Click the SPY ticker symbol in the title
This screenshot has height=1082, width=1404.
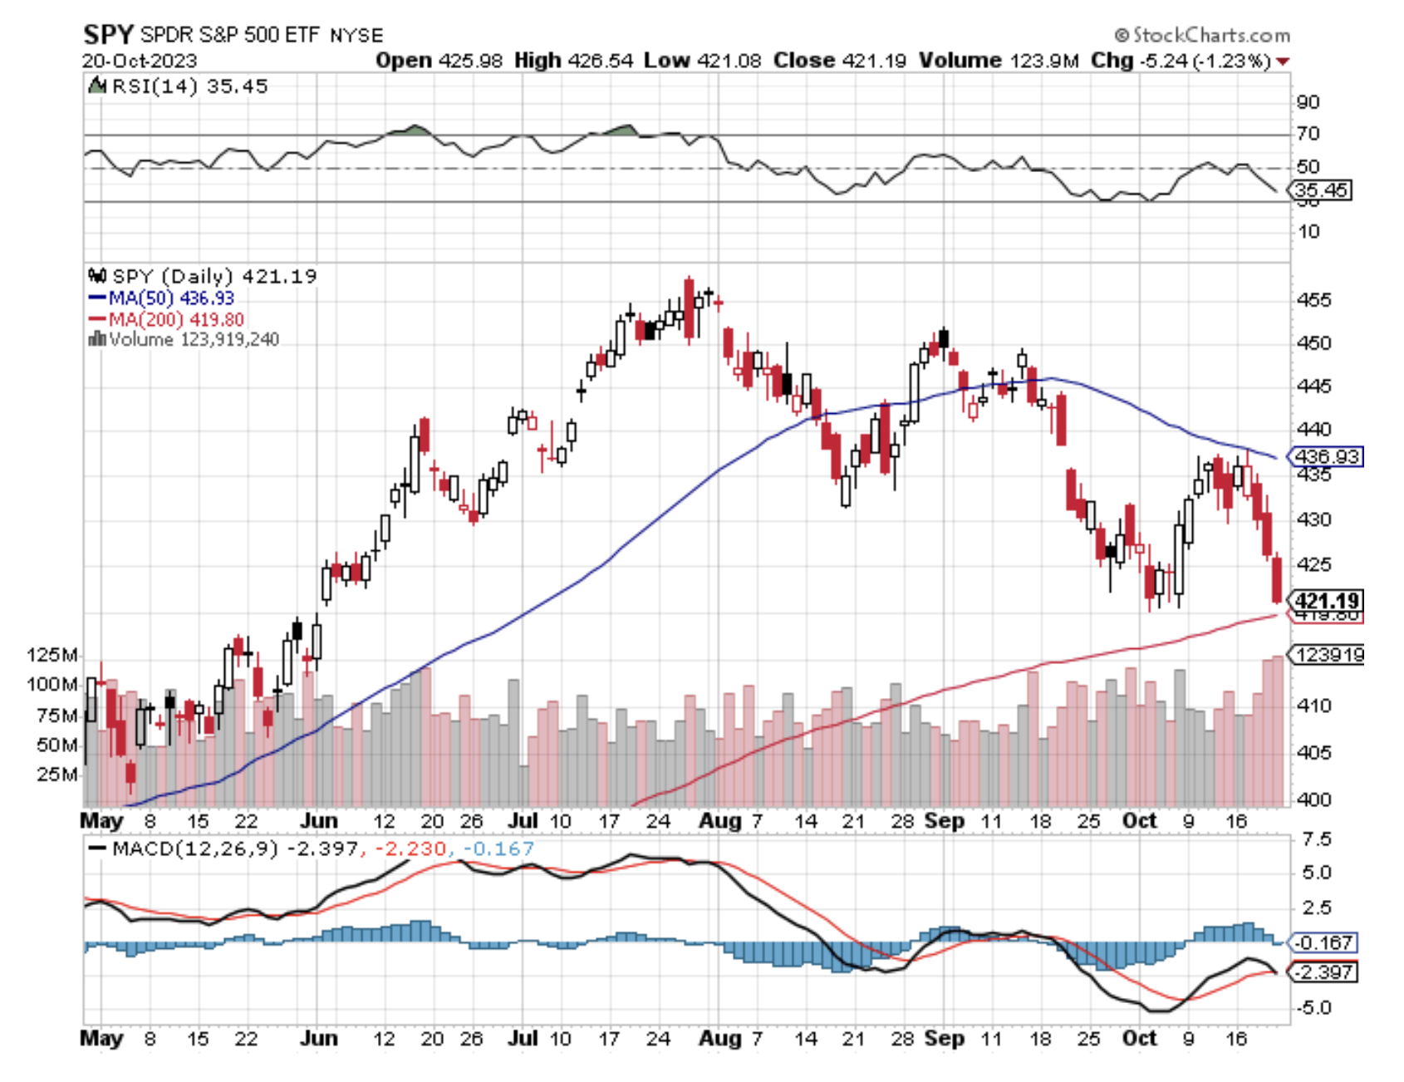click(x=108, y=35)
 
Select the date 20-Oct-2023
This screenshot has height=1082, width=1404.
click(x=139, y=61)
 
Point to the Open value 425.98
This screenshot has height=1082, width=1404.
click(x=470, y=61)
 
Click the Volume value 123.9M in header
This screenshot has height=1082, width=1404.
click(x=1044, y=61)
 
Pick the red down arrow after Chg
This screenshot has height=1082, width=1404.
click(x=1284, y=61)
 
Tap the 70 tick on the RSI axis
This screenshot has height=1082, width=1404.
click(x=1308, y=133)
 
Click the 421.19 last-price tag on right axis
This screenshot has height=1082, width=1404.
click(x=1327, y=600)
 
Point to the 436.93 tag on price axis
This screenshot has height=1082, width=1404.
click(x=1327, y=456)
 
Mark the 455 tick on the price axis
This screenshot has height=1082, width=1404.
click(x=1313, y=300)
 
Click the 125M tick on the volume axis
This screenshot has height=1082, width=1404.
click(x=52, y=655)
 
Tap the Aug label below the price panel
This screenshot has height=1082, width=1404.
click(x=719, y=821)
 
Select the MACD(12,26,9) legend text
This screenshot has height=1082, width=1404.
click(x=194, y=848)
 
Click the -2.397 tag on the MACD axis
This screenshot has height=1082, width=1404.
click(x=1324, y=971)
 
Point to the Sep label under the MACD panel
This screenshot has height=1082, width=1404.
click(x=945, y=1038)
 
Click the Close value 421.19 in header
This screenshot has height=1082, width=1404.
click(x=873, y=61)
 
